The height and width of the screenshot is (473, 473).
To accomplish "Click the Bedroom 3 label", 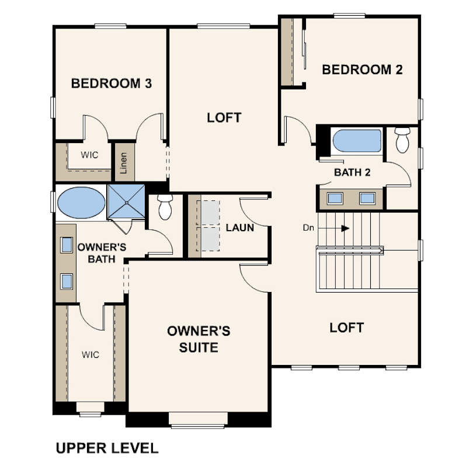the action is coord(112,84).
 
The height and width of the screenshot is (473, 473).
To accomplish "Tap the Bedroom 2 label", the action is coord(362,69).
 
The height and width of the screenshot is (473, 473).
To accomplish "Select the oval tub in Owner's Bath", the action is coord(81,203).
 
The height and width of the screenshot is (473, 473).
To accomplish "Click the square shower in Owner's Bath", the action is coord(127,202).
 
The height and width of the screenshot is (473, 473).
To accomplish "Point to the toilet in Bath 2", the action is coord(402,140).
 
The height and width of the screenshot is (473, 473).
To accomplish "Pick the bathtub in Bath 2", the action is coord(357,141).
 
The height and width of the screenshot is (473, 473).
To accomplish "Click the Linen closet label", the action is coord(124,163).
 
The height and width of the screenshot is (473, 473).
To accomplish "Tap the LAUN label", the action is coord(240,228).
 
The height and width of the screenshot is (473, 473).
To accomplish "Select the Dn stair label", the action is coord(308,228).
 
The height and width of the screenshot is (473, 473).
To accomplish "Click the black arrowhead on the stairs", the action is coord(345,228).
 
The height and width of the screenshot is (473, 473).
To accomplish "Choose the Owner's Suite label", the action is coord(199,339).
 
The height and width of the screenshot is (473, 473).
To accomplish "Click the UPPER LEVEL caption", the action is coord(107,448).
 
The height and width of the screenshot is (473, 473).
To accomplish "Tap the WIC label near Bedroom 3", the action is coord(89,155).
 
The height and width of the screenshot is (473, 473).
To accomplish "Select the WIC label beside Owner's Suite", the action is coord(90,355).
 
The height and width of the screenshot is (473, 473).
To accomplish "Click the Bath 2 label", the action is coord(352,172).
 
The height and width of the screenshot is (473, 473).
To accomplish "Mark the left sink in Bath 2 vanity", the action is coord(335,198).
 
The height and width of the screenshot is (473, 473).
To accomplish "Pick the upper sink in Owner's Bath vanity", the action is coord(67,245).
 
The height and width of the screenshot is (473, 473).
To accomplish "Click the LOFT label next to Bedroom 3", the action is coord(224,117).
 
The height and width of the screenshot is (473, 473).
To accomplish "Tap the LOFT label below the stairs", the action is coord(347,328).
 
